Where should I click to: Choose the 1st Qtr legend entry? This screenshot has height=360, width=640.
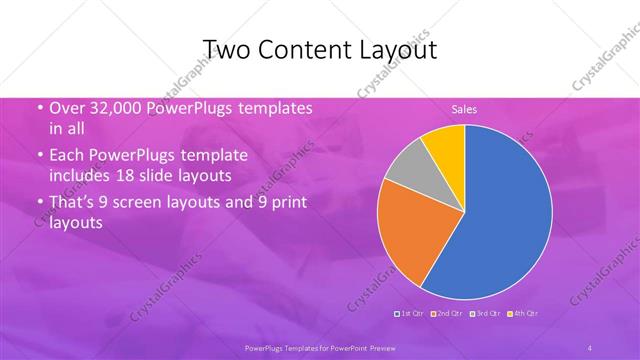coord(410,315)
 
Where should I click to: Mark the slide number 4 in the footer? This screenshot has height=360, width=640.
coord(590,347)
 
